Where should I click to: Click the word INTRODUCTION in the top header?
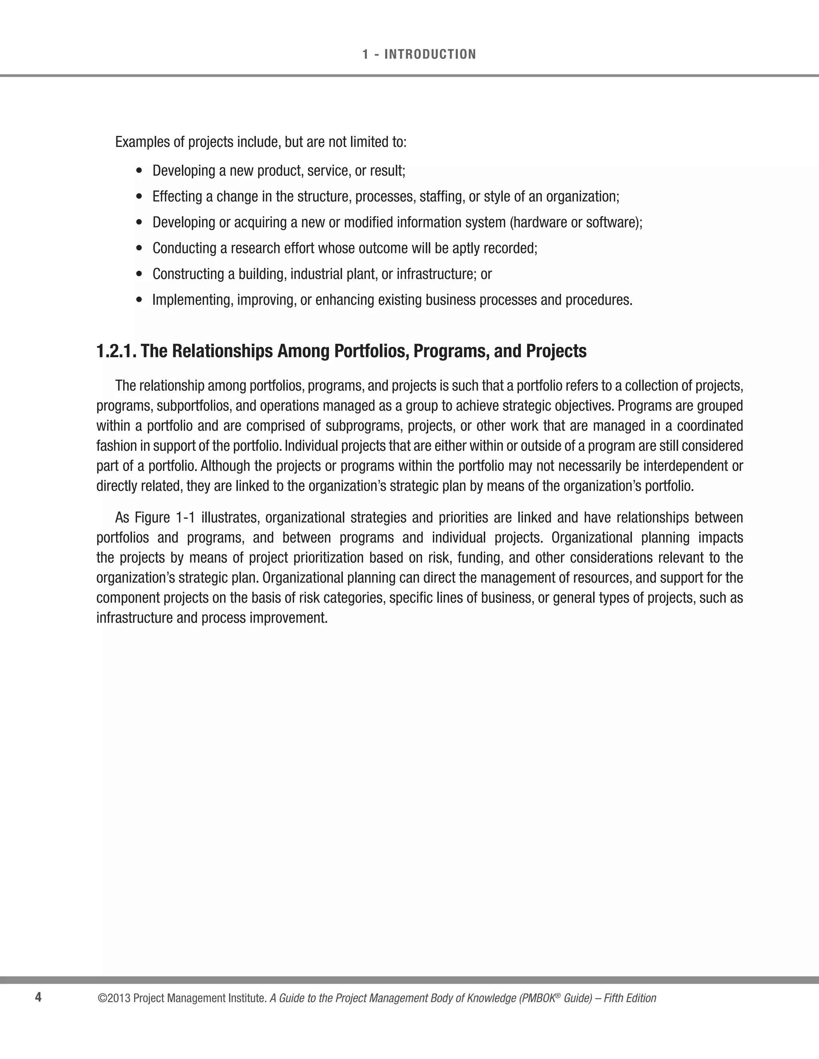430,54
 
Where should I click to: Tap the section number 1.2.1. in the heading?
116,351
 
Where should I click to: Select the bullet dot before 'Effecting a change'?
140,197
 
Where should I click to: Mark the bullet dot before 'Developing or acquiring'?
140,223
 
